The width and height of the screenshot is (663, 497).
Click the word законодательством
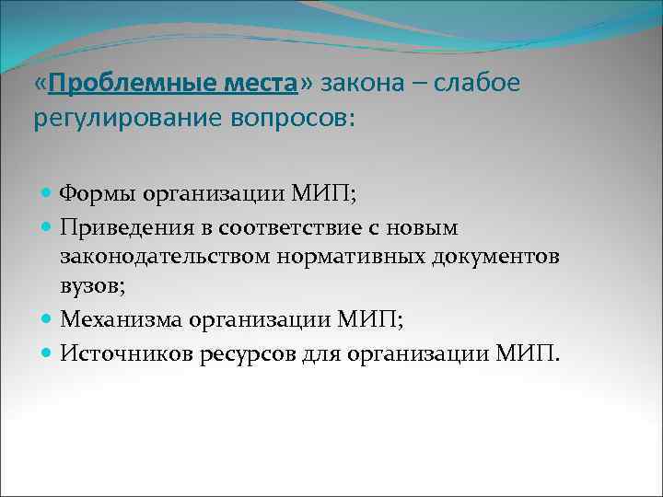pyautogui.click(x=165, y=256)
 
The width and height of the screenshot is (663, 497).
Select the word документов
pyautogui.click(x=497, y=256)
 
